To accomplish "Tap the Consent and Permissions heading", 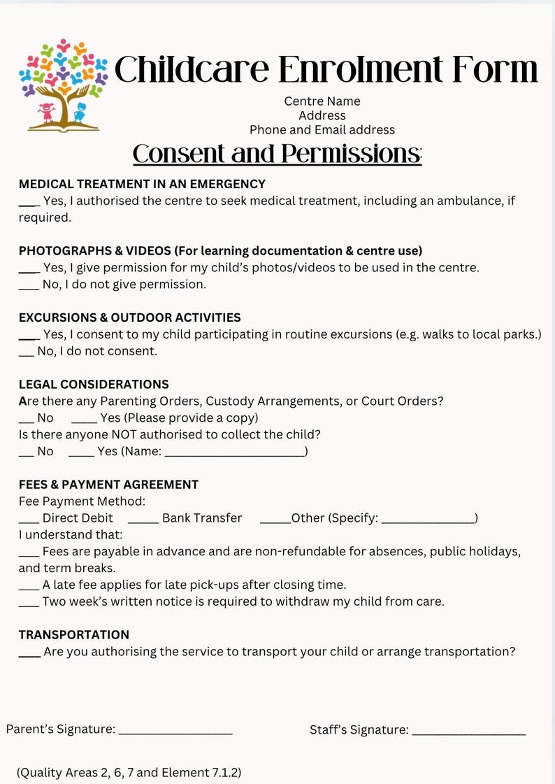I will pos(277,154).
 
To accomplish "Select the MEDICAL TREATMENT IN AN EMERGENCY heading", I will pos(142,184).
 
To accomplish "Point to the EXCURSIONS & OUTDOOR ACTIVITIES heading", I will pos(129,318).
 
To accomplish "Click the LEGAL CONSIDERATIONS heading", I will pos(94,384).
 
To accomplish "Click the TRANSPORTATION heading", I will pos(74,634).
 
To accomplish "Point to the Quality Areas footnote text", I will pos(129,773).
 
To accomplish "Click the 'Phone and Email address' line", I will pos(322,129).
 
